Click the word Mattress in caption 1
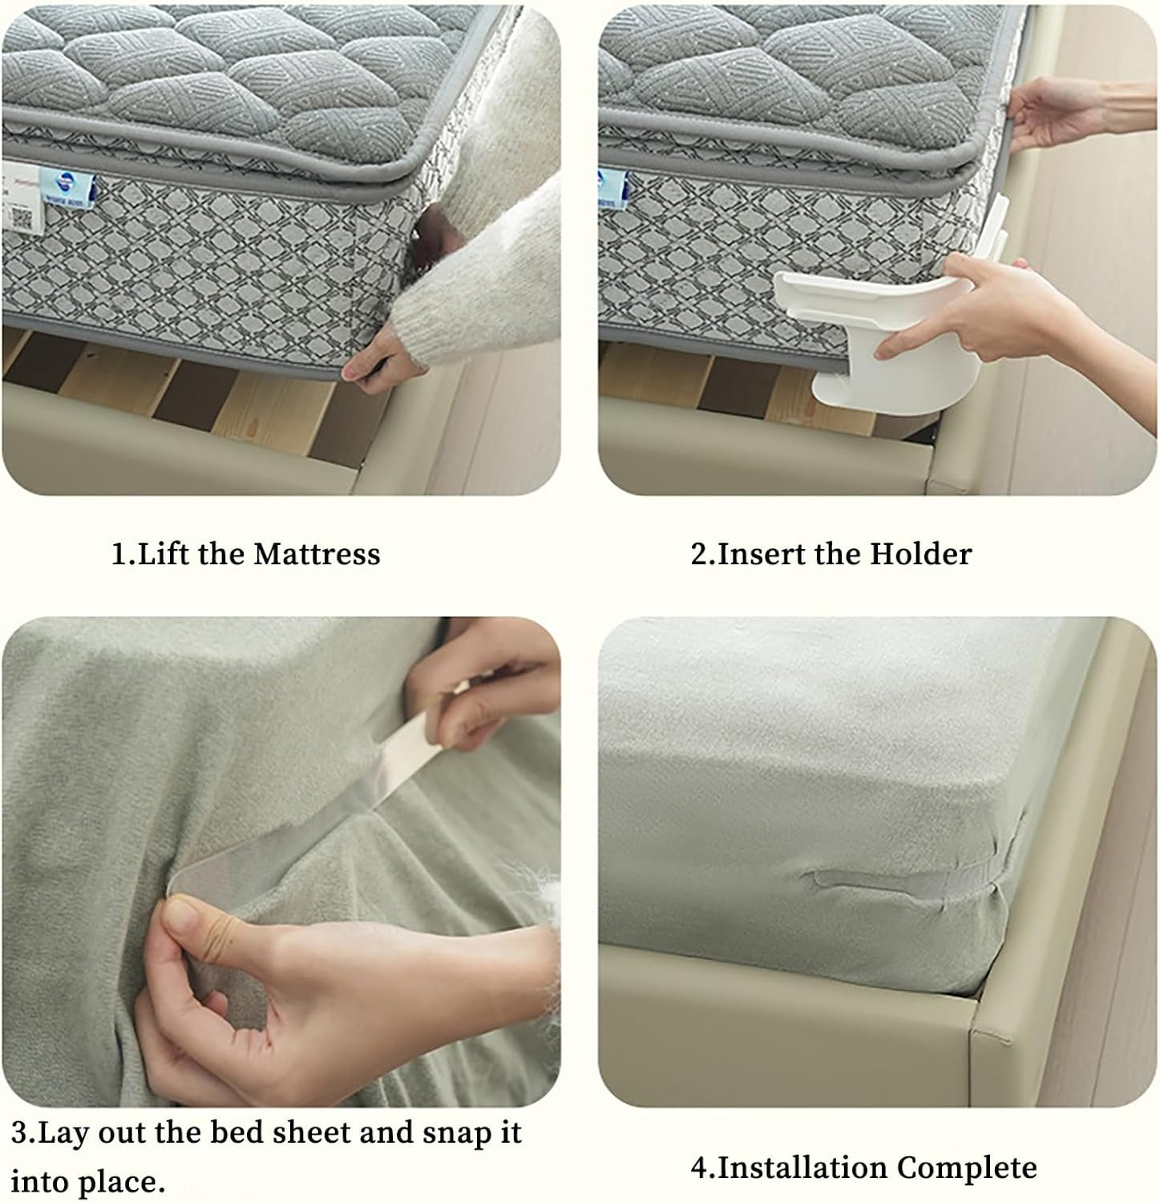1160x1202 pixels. tap(317, 555)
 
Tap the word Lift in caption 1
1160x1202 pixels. tap(165, 555)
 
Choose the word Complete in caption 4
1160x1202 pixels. tap(967, 1168)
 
